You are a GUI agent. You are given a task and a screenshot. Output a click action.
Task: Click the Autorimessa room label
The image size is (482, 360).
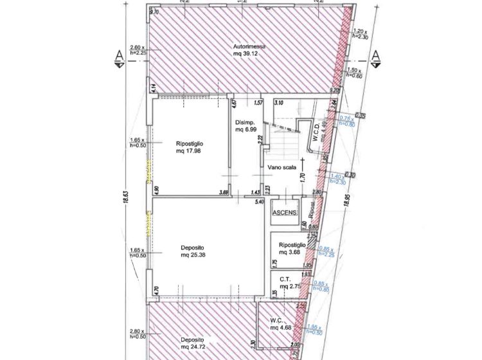pos(249,47)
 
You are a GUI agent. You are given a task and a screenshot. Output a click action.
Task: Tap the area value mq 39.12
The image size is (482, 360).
pos(249,55)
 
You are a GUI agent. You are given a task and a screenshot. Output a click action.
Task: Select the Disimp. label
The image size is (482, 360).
pos(245,122)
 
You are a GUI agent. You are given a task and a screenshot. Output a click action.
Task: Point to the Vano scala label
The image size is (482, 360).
pos(282,167)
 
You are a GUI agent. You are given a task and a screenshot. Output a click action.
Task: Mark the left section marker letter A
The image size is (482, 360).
pos(119,57)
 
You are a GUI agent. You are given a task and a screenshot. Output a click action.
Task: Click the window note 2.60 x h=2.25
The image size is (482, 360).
pos(138,50)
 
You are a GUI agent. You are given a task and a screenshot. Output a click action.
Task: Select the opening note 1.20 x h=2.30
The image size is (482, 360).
pos(360,34)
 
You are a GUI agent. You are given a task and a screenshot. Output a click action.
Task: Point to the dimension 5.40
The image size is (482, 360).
pos(260,203)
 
